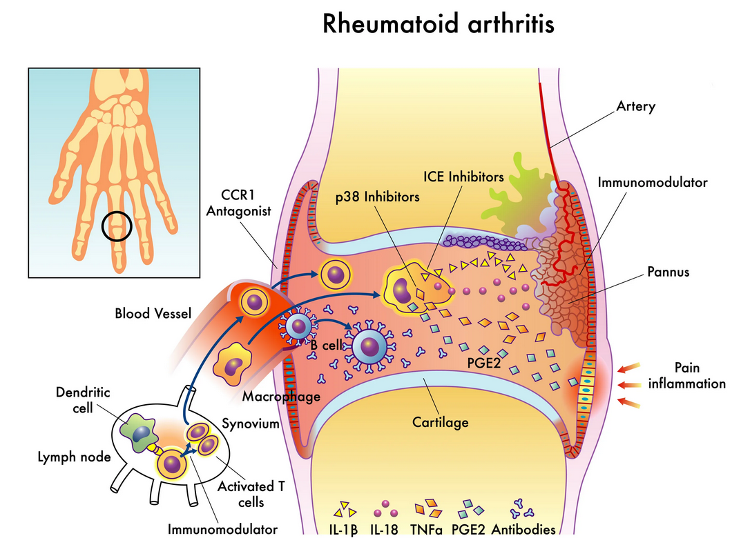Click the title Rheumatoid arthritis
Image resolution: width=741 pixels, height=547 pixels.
coord(439,24)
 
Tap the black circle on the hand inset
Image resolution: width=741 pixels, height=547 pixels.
coord(117,227)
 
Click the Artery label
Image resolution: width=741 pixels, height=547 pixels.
coord(635,107)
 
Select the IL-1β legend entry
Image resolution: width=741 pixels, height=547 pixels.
coord(343,529)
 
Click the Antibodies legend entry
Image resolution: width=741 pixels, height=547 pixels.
coord(523,529)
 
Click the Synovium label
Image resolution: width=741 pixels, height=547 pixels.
coord(251,422)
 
